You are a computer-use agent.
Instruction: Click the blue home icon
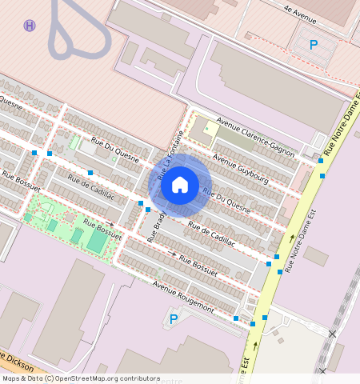(x=180, y=186)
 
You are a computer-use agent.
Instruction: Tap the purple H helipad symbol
(x=30, y=26)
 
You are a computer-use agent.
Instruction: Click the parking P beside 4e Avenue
(x=314, y=46)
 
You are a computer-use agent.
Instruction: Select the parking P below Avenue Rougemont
(x=174, y=320)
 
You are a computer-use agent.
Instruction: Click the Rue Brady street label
(x=158, y=226)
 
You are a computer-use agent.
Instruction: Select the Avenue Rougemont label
(x=184, y=297)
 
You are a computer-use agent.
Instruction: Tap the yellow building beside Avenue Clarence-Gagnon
(x=210, y=128)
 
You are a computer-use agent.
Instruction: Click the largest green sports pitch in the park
(x=96, y=240)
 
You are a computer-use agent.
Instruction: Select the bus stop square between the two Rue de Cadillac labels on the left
(x=90, y=173)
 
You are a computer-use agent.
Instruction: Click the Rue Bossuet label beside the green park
(x=102, y=230)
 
